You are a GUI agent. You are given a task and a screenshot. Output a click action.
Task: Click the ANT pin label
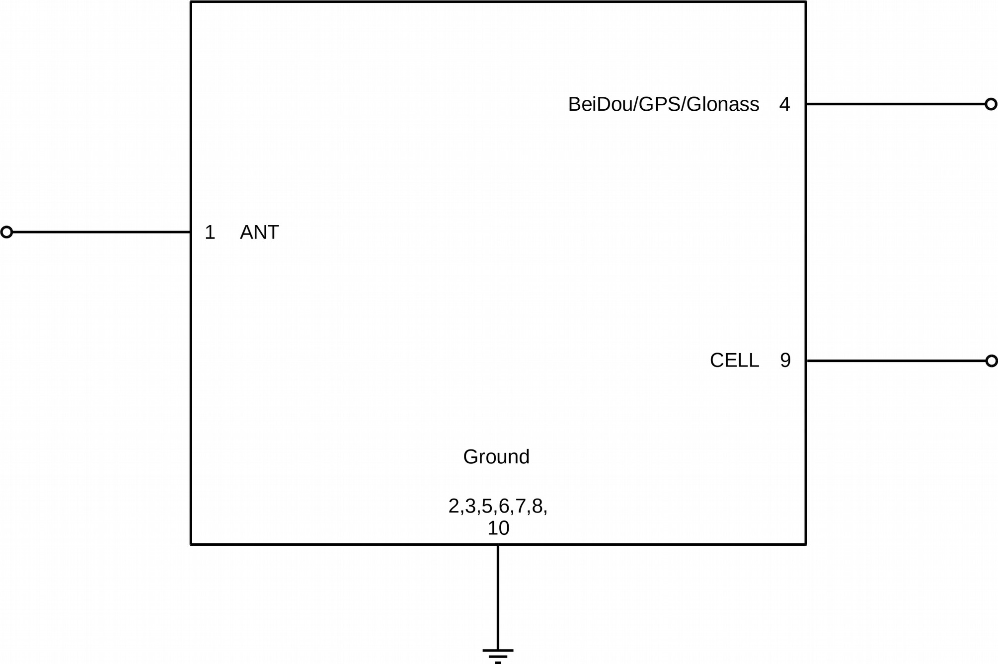pyautogui.click(x=259, y=232)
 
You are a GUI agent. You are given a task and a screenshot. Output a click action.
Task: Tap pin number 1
pyautogui.click(x=210, y=232)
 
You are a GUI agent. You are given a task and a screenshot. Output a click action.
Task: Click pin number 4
pyautogui.click(x=784, y=104)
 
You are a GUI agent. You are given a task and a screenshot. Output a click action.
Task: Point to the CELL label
pyautogui.click(x=734, y=361)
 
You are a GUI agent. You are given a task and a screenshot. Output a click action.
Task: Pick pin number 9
pyautogui.click(x=785, y=361)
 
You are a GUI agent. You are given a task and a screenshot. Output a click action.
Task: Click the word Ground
pyautogui.click(x=496, y=457)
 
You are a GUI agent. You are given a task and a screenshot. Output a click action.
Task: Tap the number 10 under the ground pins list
pyautogui.click(x=498, y=528)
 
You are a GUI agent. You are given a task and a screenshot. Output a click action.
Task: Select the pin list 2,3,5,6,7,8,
pyautogui.click(x=498, y=507)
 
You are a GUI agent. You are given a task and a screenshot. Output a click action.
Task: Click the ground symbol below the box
pyautogui.click(x=498, y=656)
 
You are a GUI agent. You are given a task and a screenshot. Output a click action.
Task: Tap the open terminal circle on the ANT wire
pyautogui.click(x=6, y=232)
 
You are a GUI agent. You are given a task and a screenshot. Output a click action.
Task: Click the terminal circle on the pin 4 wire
pyautogui.click(x=991, y=104)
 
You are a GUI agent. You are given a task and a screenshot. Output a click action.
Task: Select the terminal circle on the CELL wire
pyautogui.click(x=992, y=361)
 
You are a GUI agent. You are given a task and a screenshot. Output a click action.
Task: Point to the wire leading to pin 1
pyautogui.click(x=101, y=232)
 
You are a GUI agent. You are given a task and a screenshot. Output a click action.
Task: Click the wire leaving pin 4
pyautogui.click(x=896, y=104)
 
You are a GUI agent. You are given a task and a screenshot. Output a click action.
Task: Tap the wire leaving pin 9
pyautogui.click(x=896, y=361)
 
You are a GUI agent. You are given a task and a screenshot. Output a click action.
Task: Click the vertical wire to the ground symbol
pyautogui.click(x=498, y=597)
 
